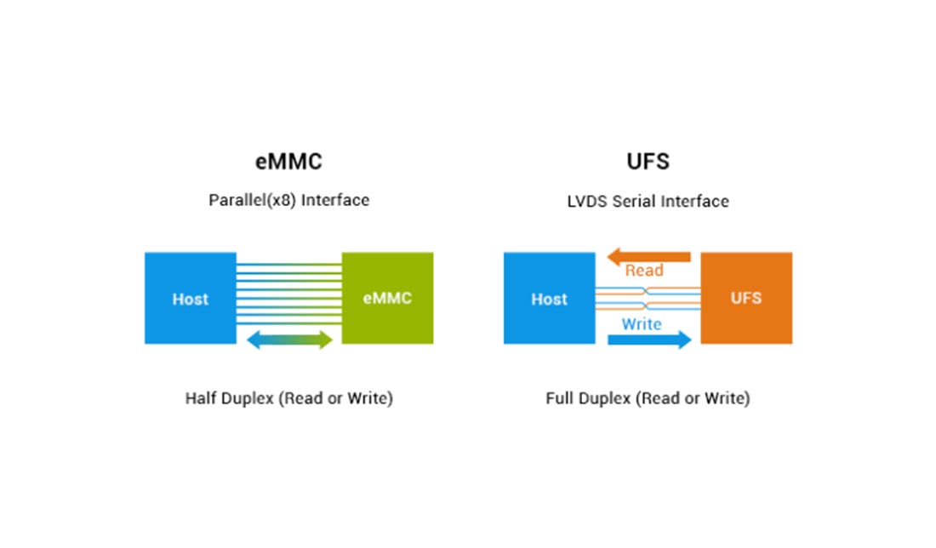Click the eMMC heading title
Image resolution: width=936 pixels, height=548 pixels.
(289, 162)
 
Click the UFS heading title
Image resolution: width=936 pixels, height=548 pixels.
(648, 162)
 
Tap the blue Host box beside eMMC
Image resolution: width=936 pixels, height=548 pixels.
(191, 299)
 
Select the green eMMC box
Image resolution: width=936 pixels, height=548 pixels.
(387, 299)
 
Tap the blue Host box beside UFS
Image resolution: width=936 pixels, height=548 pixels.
(550, 299)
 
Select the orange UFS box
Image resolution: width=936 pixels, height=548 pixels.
(746, 299)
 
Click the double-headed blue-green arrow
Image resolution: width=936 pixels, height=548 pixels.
(289, 340)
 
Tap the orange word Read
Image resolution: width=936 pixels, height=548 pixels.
(644, 271)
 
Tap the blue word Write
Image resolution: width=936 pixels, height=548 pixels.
(642, 324)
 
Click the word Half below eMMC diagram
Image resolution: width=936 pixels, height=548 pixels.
(201, 398)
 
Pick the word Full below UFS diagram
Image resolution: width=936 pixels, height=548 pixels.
(560, 398)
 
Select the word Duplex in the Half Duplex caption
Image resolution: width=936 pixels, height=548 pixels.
(247, 398)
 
